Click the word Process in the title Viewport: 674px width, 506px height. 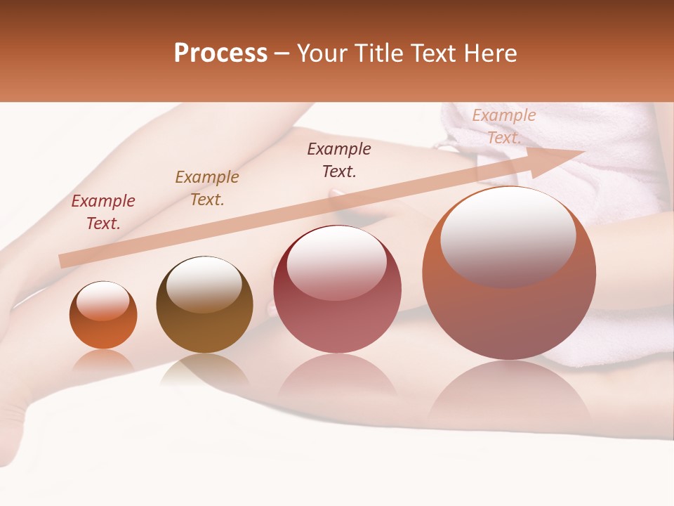point(220,53)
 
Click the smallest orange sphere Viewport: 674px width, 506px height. point(103,316)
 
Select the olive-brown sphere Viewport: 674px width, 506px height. point(204,305)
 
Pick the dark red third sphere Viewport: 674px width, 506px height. point(337,290)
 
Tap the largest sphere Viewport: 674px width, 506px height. point(509,274)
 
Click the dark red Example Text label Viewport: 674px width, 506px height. point(103,212)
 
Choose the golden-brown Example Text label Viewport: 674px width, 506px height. point(207,188)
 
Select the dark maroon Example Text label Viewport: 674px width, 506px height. point(339,160)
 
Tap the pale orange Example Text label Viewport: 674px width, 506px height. point(504,126)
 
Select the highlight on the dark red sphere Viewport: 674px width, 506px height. point(336,262)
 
